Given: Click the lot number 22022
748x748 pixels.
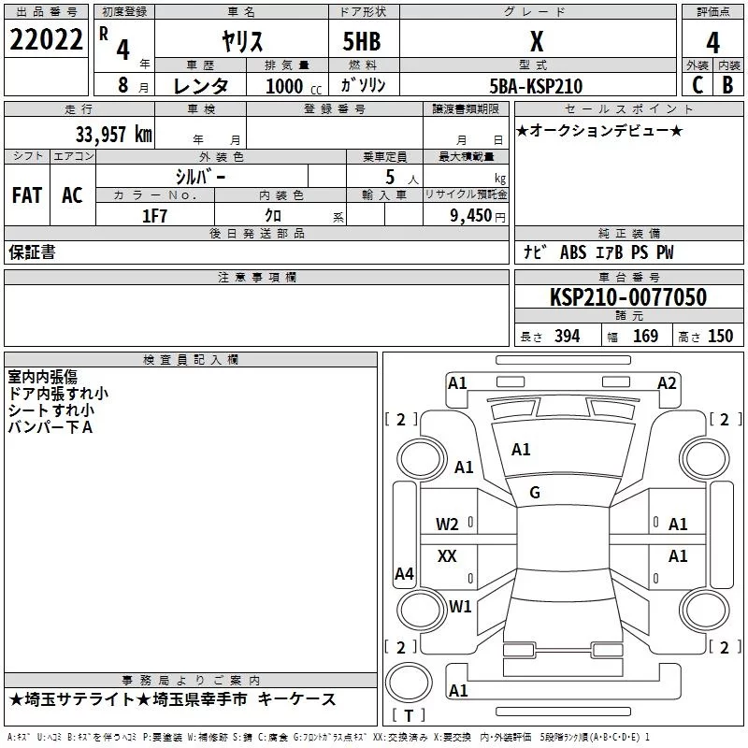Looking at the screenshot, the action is pos(46,39).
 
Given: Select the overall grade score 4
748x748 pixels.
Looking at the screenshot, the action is pos(712,43).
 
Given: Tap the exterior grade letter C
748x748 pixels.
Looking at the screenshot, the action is pos(698,85).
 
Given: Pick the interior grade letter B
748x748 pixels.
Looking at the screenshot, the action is pos(727,85).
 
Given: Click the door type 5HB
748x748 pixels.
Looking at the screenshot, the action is pos(362,41).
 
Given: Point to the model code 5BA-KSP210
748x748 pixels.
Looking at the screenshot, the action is pos(536,86).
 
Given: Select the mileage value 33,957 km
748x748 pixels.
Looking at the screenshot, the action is pos(114,134).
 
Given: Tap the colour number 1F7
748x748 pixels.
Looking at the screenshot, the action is pos(154,216).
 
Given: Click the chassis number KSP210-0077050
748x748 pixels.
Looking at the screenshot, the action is pos(628,296).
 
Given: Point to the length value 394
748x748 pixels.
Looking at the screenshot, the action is pos(568,336).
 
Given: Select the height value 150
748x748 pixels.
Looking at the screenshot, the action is pos(720,336).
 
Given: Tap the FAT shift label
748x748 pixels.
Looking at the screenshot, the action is pos(27,195).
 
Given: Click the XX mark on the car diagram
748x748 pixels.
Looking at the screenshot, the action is pos(447,555).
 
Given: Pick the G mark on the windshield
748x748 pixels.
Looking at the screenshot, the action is pos(535,493).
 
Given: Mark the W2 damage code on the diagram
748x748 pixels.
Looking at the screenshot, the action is pos(447,525).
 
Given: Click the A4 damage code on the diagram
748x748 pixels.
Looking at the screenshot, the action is pos(404,573).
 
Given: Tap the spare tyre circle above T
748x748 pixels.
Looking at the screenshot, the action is pos(409,683).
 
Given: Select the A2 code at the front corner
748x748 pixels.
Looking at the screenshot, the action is pos(667,383).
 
